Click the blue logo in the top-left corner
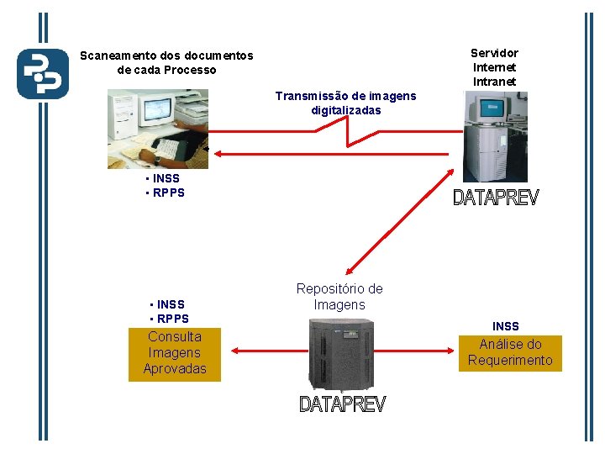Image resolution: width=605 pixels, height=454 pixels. (42, 74)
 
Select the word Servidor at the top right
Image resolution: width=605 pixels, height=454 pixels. (494, 53)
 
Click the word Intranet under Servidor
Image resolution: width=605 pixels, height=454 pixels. (494, 82)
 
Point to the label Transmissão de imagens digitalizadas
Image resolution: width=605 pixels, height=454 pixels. (345, 103)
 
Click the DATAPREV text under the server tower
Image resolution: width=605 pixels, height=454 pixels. (496, 198)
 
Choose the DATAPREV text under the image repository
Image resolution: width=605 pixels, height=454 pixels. (342, 405)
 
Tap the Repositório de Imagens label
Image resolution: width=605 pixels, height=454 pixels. (339, 296)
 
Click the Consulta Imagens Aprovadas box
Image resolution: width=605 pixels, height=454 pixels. (175, 353)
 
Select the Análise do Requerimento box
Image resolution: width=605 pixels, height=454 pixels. (510, 352)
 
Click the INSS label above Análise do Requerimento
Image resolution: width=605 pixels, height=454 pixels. (506, 326)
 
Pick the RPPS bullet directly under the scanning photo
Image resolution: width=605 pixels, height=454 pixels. (167, 193)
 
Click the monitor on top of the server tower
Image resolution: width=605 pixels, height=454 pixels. (492, 108)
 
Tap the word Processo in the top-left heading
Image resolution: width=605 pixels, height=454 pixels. (190, 70)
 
